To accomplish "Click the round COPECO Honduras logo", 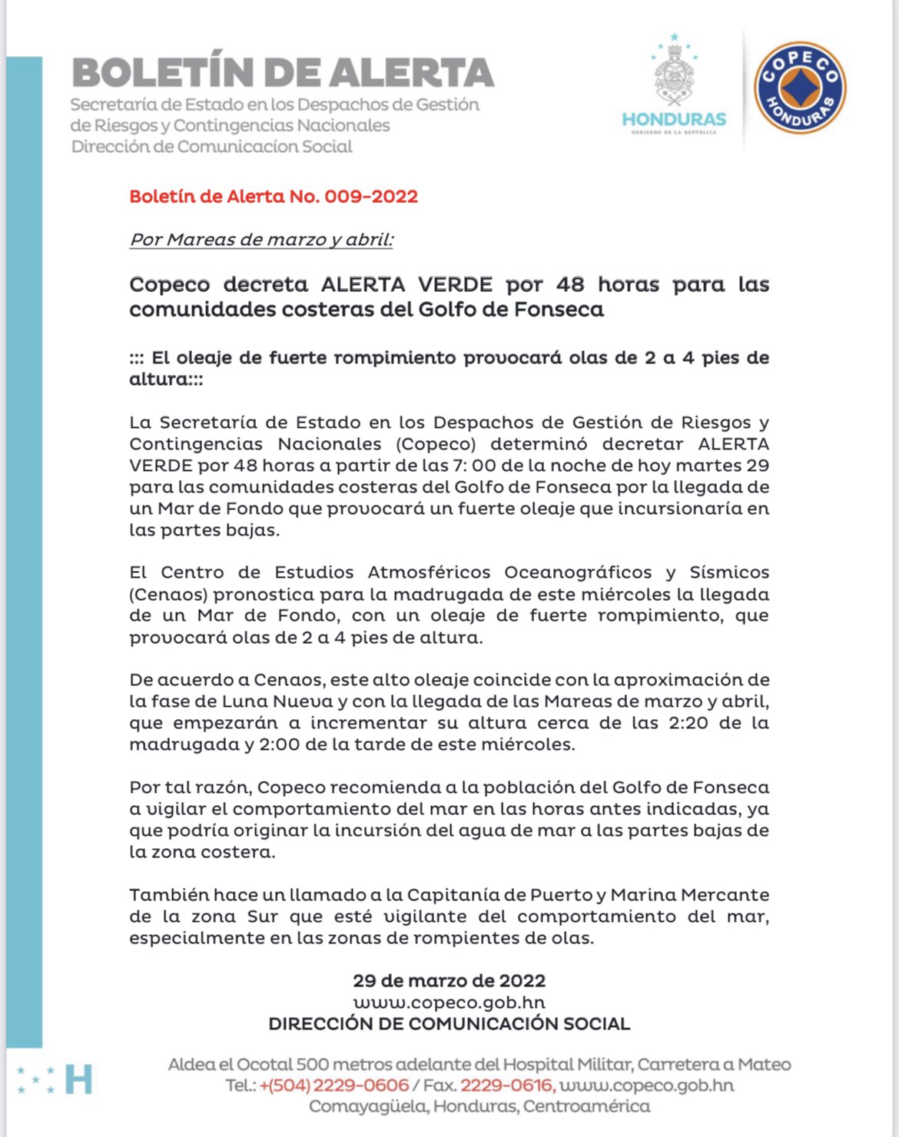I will coord(800,88).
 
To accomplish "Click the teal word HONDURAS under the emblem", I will coord(674,120).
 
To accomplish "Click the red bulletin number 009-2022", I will coord(371,197).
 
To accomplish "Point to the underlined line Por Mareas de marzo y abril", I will coord(261,240).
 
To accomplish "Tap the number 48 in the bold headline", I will coord(570,285).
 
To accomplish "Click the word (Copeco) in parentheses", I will coord(436,444).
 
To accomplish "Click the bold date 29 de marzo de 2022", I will coord(449,981).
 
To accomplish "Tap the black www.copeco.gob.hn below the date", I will coord(449,1003).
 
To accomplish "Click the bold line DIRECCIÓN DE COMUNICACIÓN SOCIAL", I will coord(449,1024).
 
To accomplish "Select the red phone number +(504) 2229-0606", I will coord(334,1086).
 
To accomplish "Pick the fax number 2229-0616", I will coord(506,1086).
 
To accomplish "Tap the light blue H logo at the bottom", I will coord(78,1079).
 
